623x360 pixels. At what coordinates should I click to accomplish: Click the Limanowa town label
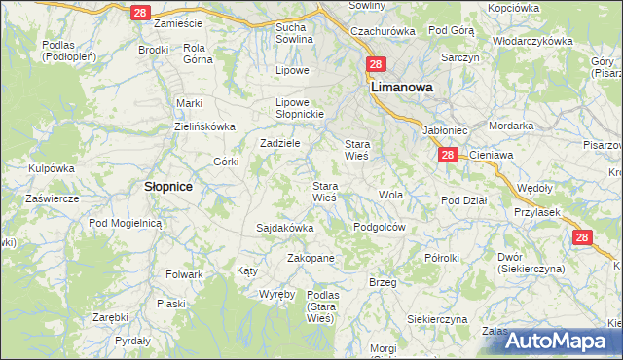401,86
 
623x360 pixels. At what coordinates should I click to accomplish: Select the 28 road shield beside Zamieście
141,12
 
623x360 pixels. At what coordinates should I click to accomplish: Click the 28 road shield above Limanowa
377,65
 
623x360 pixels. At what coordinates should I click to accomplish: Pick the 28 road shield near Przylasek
581,236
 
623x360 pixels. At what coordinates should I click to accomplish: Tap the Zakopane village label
311,258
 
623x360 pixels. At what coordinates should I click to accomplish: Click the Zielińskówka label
205,126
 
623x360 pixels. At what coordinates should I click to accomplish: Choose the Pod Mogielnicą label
124,222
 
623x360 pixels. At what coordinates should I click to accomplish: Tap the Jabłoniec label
445,128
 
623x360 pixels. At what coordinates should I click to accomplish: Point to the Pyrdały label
132,342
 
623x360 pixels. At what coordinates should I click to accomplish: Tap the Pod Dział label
463,200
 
